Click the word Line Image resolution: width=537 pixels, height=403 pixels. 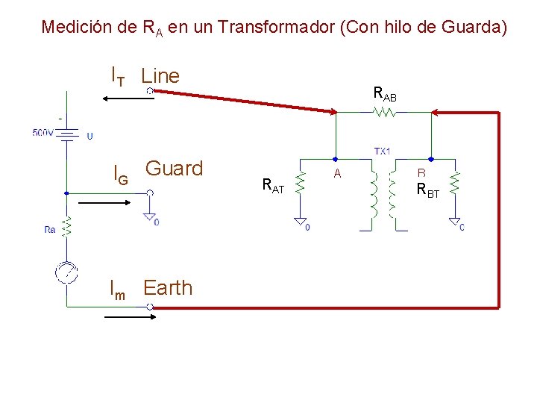point(160,75)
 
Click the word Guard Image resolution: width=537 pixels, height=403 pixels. point(174,169)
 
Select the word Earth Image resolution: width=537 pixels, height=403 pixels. point(168,288)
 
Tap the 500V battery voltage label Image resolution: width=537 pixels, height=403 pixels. point(43,133)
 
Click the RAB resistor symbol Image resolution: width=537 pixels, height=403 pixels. point(385,113)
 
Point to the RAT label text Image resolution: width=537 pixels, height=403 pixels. point(273,186)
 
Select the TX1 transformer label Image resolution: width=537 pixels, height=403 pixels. point(383,151)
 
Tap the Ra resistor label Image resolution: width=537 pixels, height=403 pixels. point(50,230)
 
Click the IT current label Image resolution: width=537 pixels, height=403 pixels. point(117,75)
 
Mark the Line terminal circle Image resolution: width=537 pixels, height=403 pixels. point(150,90)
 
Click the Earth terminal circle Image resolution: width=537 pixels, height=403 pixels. point(150,307)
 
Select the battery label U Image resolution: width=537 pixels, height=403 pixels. point(89,137)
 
